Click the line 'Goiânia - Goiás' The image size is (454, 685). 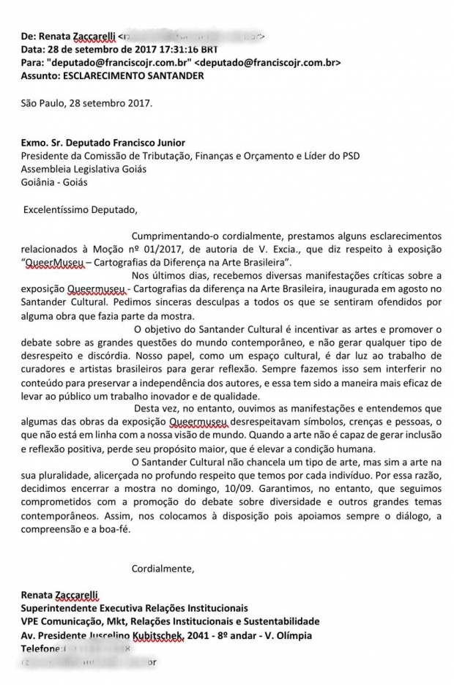56,182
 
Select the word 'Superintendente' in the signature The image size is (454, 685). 62,608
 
